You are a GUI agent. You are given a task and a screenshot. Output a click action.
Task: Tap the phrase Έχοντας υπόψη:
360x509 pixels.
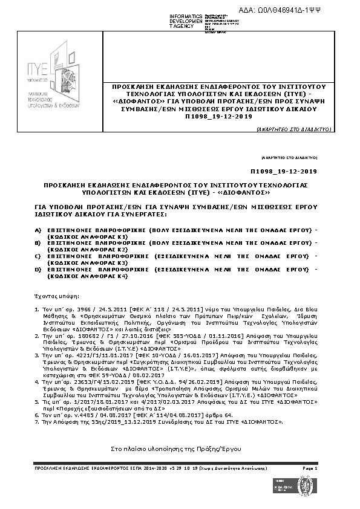tap(54, 298)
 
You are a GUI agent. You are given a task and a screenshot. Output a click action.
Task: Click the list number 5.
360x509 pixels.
tap(38, 409)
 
